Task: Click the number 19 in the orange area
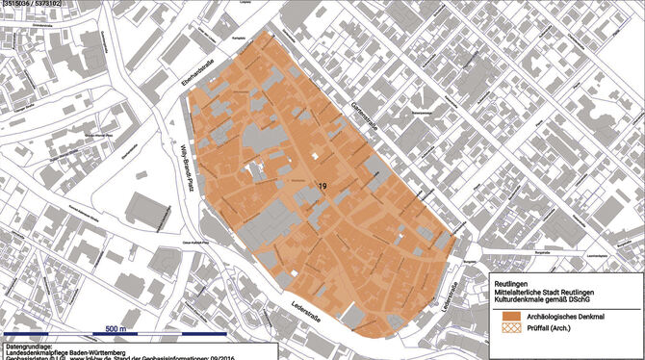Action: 322,186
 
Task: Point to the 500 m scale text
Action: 116,329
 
